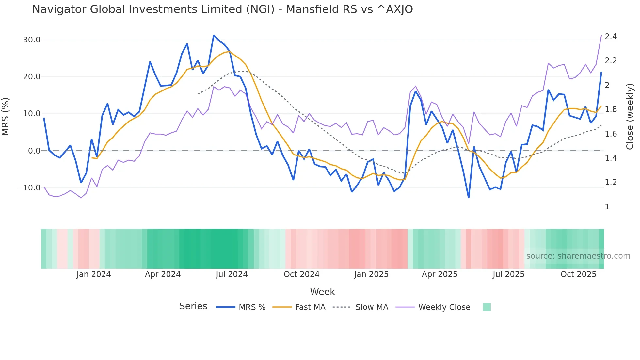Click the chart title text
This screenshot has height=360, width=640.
click(x=222, y=9)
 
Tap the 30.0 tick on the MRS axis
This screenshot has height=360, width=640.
click(x=31, y=40)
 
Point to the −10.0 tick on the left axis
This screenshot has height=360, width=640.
click(x=29, y=188)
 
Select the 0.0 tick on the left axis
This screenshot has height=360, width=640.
click(x=34, y=151)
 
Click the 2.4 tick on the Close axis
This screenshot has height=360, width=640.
click(x=611, y=36)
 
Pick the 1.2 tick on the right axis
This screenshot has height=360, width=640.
click(x=611, y=182)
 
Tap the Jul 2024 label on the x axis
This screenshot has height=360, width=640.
click(x=232, y=274)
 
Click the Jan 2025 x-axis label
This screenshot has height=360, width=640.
click(x=371, y=274)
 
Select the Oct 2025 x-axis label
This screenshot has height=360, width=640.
click(x=578, y=274)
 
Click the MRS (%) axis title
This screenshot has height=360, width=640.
click(x=6, y=117)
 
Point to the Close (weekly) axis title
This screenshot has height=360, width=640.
click(x=630, y=117)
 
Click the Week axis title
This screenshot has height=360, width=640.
click(x=322, y=292)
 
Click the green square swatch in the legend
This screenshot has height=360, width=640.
click(x=487, y=307)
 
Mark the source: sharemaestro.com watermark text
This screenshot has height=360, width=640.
click(x=578, y=256)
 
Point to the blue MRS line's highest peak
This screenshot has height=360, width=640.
click(x=214, y=35)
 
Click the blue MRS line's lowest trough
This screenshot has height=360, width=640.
click(x=469, y=197)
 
